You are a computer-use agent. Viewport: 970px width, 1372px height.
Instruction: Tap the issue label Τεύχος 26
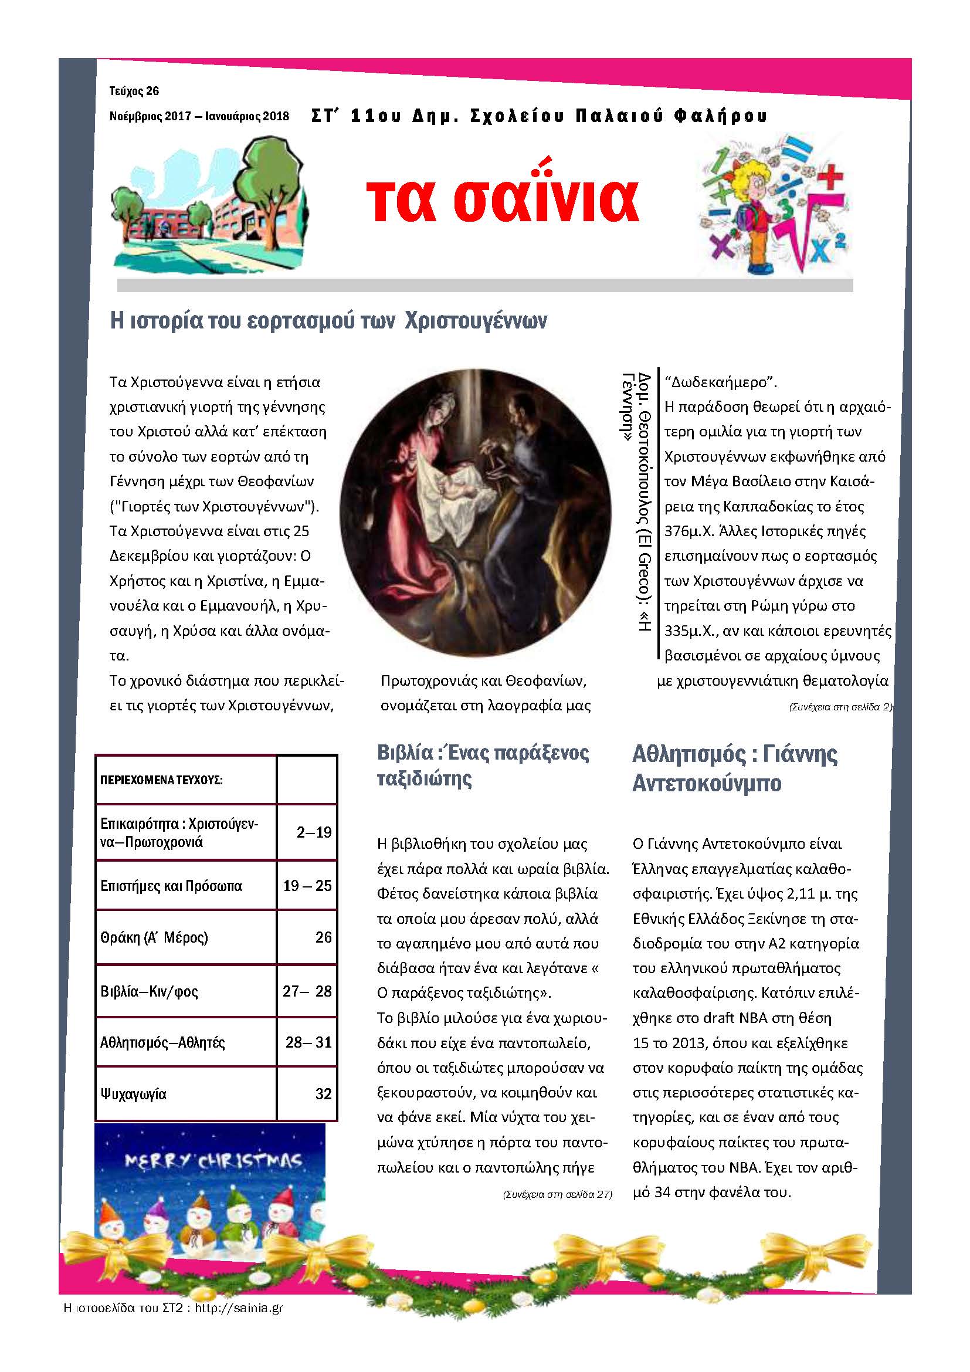click(134, 91)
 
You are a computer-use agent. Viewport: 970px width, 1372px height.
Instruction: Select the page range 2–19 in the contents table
click(314, 832)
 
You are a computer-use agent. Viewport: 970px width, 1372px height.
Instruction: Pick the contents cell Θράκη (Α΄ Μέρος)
click(154, 937)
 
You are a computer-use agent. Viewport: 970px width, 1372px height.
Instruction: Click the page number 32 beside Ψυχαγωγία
click(323, 1093)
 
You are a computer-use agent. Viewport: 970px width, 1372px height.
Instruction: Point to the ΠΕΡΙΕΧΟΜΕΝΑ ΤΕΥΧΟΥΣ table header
click(161, 780)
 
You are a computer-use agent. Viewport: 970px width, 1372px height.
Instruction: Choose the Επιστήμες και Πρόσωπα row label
click(171, 886)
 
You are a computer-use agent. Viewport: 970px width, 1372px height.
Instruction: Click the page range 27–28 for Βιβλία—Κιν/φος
click(307, 991)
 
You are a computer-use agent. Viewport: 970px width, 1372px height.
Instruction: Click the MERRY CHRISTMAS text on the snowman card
click(213, 1160)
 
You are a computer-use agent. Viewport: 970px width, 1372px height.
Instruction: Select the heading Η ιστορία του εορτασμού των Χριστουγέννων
click(328, 321)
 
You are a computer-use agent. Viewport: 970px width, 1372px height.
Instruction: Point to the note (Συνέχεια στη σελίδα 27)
click(557, 1194)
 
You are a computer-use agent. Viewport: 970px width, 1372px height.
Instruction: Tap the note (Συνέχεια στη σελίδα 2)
click(840, 707)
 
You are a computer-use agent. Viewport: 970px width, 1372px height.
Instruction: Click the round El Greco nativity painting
click(476, 512)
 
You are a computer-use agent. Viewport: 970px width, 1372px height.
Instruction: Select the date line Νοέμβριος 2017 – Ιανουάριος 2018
click(199, 116)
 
